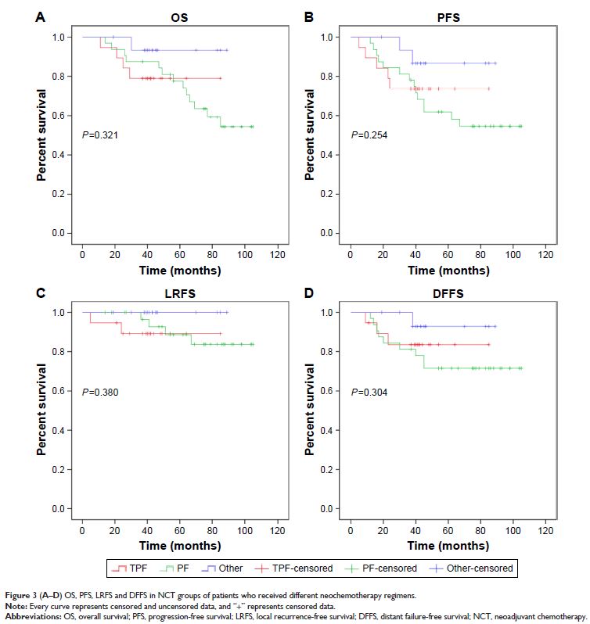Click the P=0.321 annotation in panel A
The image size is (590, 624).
point(100,135)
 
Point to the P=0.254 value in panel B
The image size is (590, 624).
point(369,135)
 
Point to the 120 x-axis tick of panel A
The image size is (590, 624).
point(276,256)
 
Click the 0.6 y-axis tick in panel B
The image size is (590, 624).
point(336,116)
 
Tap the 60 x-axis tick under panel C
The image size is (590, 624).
point(179,531)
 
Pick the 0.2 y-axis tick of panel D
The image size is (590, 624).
point(336,470)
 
